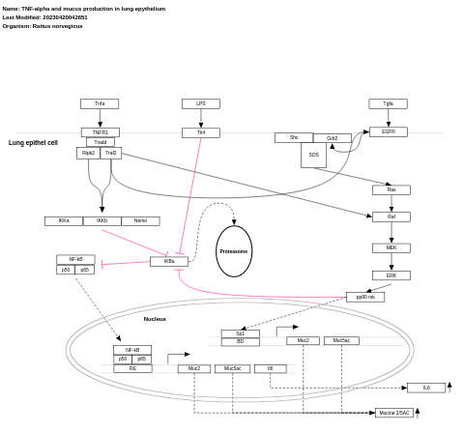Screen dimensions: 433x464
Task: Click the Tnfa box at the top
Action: click(100, 103)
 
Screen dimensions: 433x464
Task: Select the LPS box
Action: click(200, 103)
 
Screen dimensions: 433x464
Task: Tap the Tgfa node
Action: click(388, 103)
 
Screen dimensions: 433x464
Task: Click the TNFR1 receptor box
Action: click(100, 132)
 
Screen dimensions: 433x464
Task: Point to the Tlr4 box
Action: click(200, 132)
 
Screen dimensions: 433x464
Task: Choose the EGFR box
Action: click(388, 131)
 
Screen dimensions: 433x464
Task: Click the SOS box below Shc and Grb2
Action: click(313, 155)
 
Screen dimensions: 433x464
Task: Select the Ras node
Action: click(391, 189)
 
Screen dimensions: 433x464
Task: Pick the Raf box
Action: click(391, 216)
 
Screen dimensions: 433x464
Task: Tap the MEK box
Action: click(391, 247)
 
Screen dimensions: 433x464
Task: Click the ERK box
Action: click(391, 275)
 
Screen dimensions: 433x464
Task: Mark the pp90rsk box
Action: click(364, 297)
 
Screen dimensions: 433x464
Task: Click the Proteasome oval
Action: click(234, 251)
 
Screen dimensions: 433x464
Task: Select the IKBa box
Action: click(169, 261)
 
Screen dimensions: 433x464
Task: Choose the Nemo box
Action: click(140, 221)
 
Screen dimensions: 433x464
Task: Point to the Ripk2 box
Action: click(88, 153)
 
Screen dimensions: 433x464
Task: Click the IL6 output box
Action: click(426, 388)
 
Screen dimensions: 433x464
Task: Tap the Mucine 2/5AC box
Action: click(394, 413)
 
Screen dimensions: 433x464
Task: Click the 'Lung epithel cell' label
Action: click(34, 143)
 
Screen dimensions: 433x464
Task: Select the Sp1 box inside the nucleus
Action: click(240, 333)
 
